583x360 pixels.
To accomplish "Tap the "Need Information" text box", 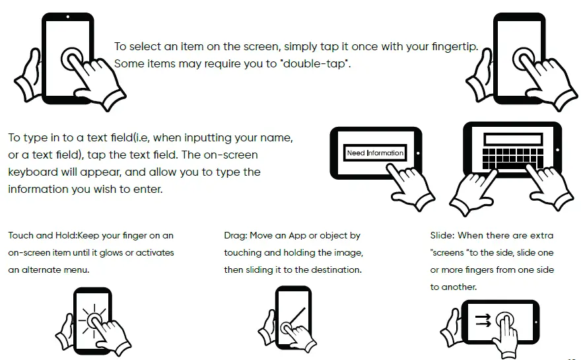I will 375,153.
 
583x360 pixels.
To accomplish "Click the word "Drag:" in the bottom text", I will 236,236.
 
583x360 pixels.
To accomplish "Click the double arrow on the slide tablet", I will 483,320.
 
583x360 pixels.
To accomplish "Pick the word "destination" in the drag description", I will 337,270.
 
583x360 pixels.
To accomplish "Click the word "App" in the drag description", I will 293,236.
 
